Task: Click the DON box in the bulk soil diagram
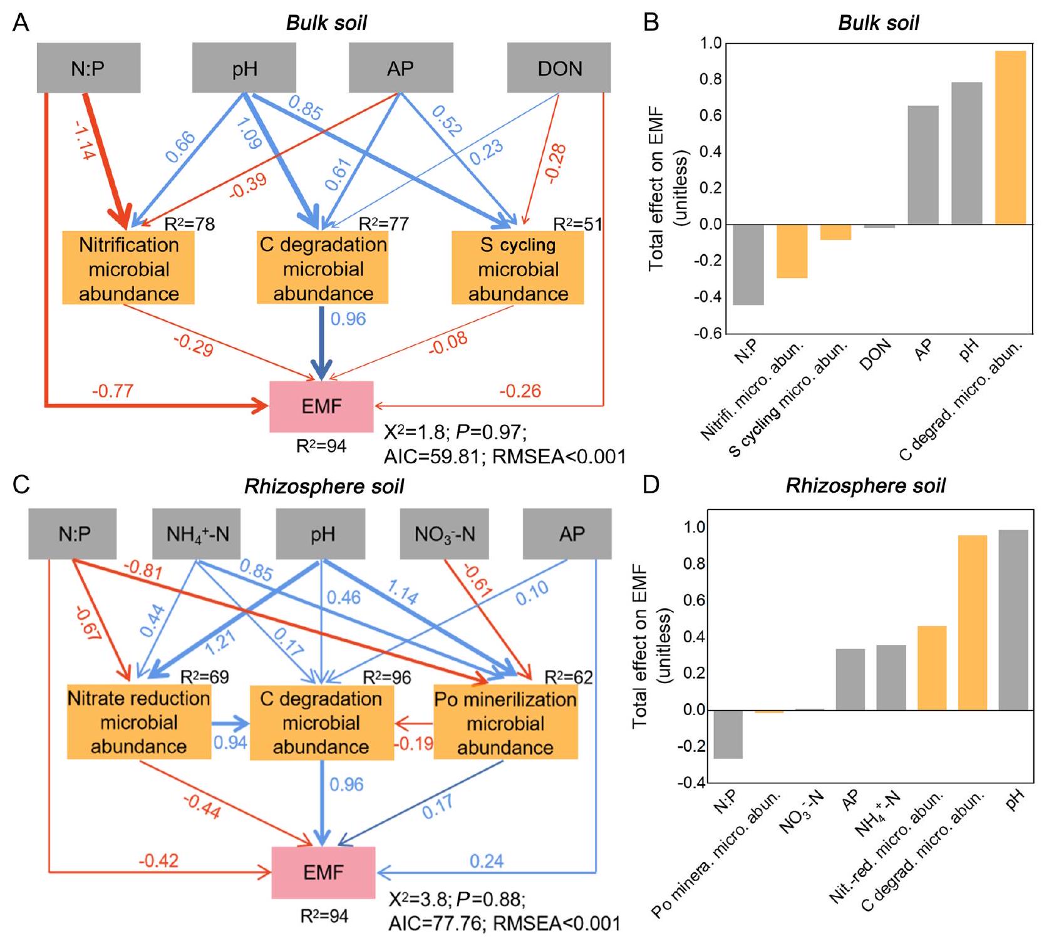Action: [559, 68]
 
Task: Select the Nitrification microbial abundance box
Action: [128, 269]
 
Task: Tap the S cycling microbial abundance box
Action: [518, 269]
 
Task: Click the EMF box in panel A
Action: [321, 406]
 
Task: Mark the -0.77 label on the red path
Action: [113, 391]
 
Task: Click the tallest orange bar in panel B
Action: [1010, 137]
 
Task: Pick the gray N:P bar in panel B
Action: [748, 264]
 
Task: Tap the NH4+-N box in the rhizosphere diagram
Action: [197, 534]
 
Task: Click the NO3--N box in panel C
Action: [445, 534]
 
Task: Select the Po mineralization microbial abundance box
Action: [505, 723]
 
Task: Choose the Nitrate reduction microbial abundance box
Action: [138, 722]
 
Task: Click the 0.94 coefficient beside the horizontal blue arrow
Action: [230, 743]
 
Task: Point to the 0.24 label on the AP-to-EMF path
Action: [487, 861]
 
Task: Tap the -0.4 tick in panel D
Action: [693, 783]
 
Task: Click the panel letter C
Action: [21, 485]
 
